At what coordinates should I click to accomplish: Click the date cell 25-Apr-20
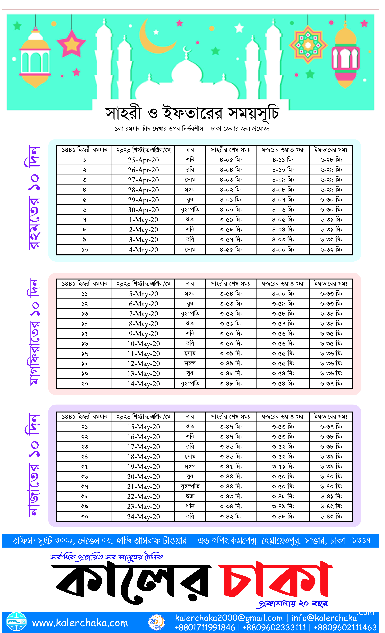pyautogui.click(x=143, y=160)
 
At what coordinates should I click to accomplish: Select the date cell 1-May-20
pyautogui.click(x=143, y=220)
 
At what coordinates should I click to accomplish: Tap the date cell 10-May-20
pyautogui.click(x=143, y=344)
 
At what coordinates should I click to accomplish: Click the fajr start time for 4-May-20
pyautogui.click(x=283, y=250)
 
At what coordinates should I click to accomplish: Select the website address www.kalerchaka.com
pyautogui.click(x=80, y=623)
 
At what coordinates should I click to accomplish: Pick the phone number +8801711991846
pyautogui.click(x=205, y=627)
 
